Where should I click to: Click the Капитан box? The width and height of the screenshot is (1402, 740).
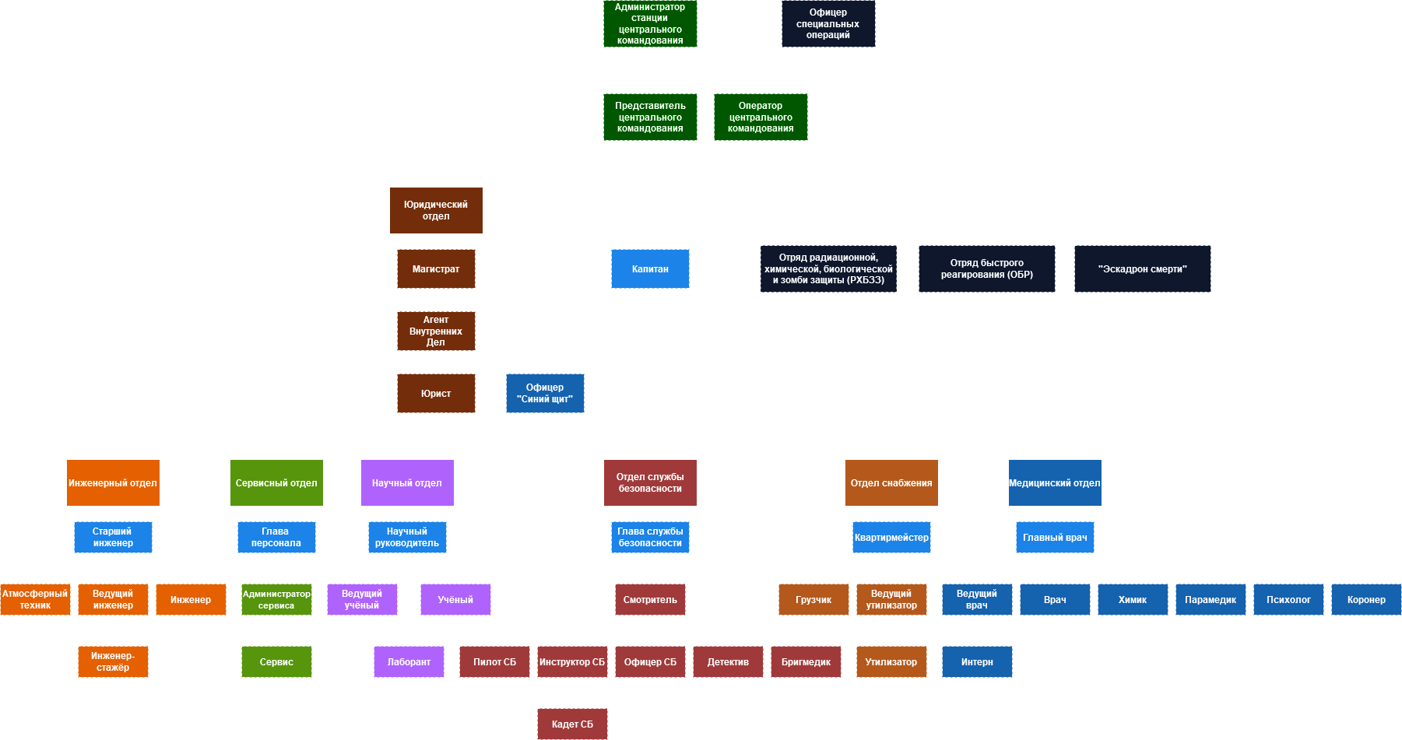650,268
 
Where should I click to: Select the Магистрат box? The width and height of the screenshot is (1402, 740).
436,268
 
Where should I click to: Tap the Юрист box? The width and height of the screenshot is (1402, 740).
436,393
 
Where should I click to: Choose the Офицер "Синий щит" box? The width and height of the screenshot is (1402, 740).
545,393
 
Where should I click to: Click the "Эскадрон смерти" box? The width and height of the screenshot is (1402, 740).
1142,268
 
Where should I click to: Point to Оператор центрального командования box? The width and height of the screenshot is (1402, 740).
761,117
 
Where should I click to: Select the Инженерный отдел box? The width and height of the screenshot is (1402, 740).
113,482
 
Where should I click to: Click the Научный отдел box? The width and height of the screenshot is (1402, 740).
407,482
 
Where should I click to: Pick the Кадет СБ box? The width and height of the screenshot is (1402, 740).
572,724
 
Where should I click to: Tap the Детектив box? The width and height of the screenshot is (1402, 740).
728,661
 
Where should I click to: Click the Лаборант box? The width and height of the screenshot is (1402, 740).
409,661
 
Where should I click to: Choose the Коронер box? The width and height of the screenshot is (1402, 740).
1366,599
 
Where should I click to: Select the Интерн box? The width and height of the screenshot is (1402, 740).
977,661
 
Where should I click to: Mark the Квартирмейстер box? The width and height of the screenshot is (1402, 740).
891,537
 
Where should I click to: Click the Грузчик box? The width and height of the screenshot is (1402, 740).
813,599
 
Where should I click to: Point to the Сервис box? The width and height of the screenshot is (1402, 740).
276,661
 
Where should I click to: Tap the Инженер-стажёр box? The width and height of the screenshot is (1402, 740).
113,661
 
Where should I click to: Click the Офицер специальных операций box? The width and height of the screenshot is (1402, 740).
828,23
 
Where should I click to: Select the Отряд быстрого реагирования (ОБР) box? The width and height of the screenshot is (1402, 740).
986,268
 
